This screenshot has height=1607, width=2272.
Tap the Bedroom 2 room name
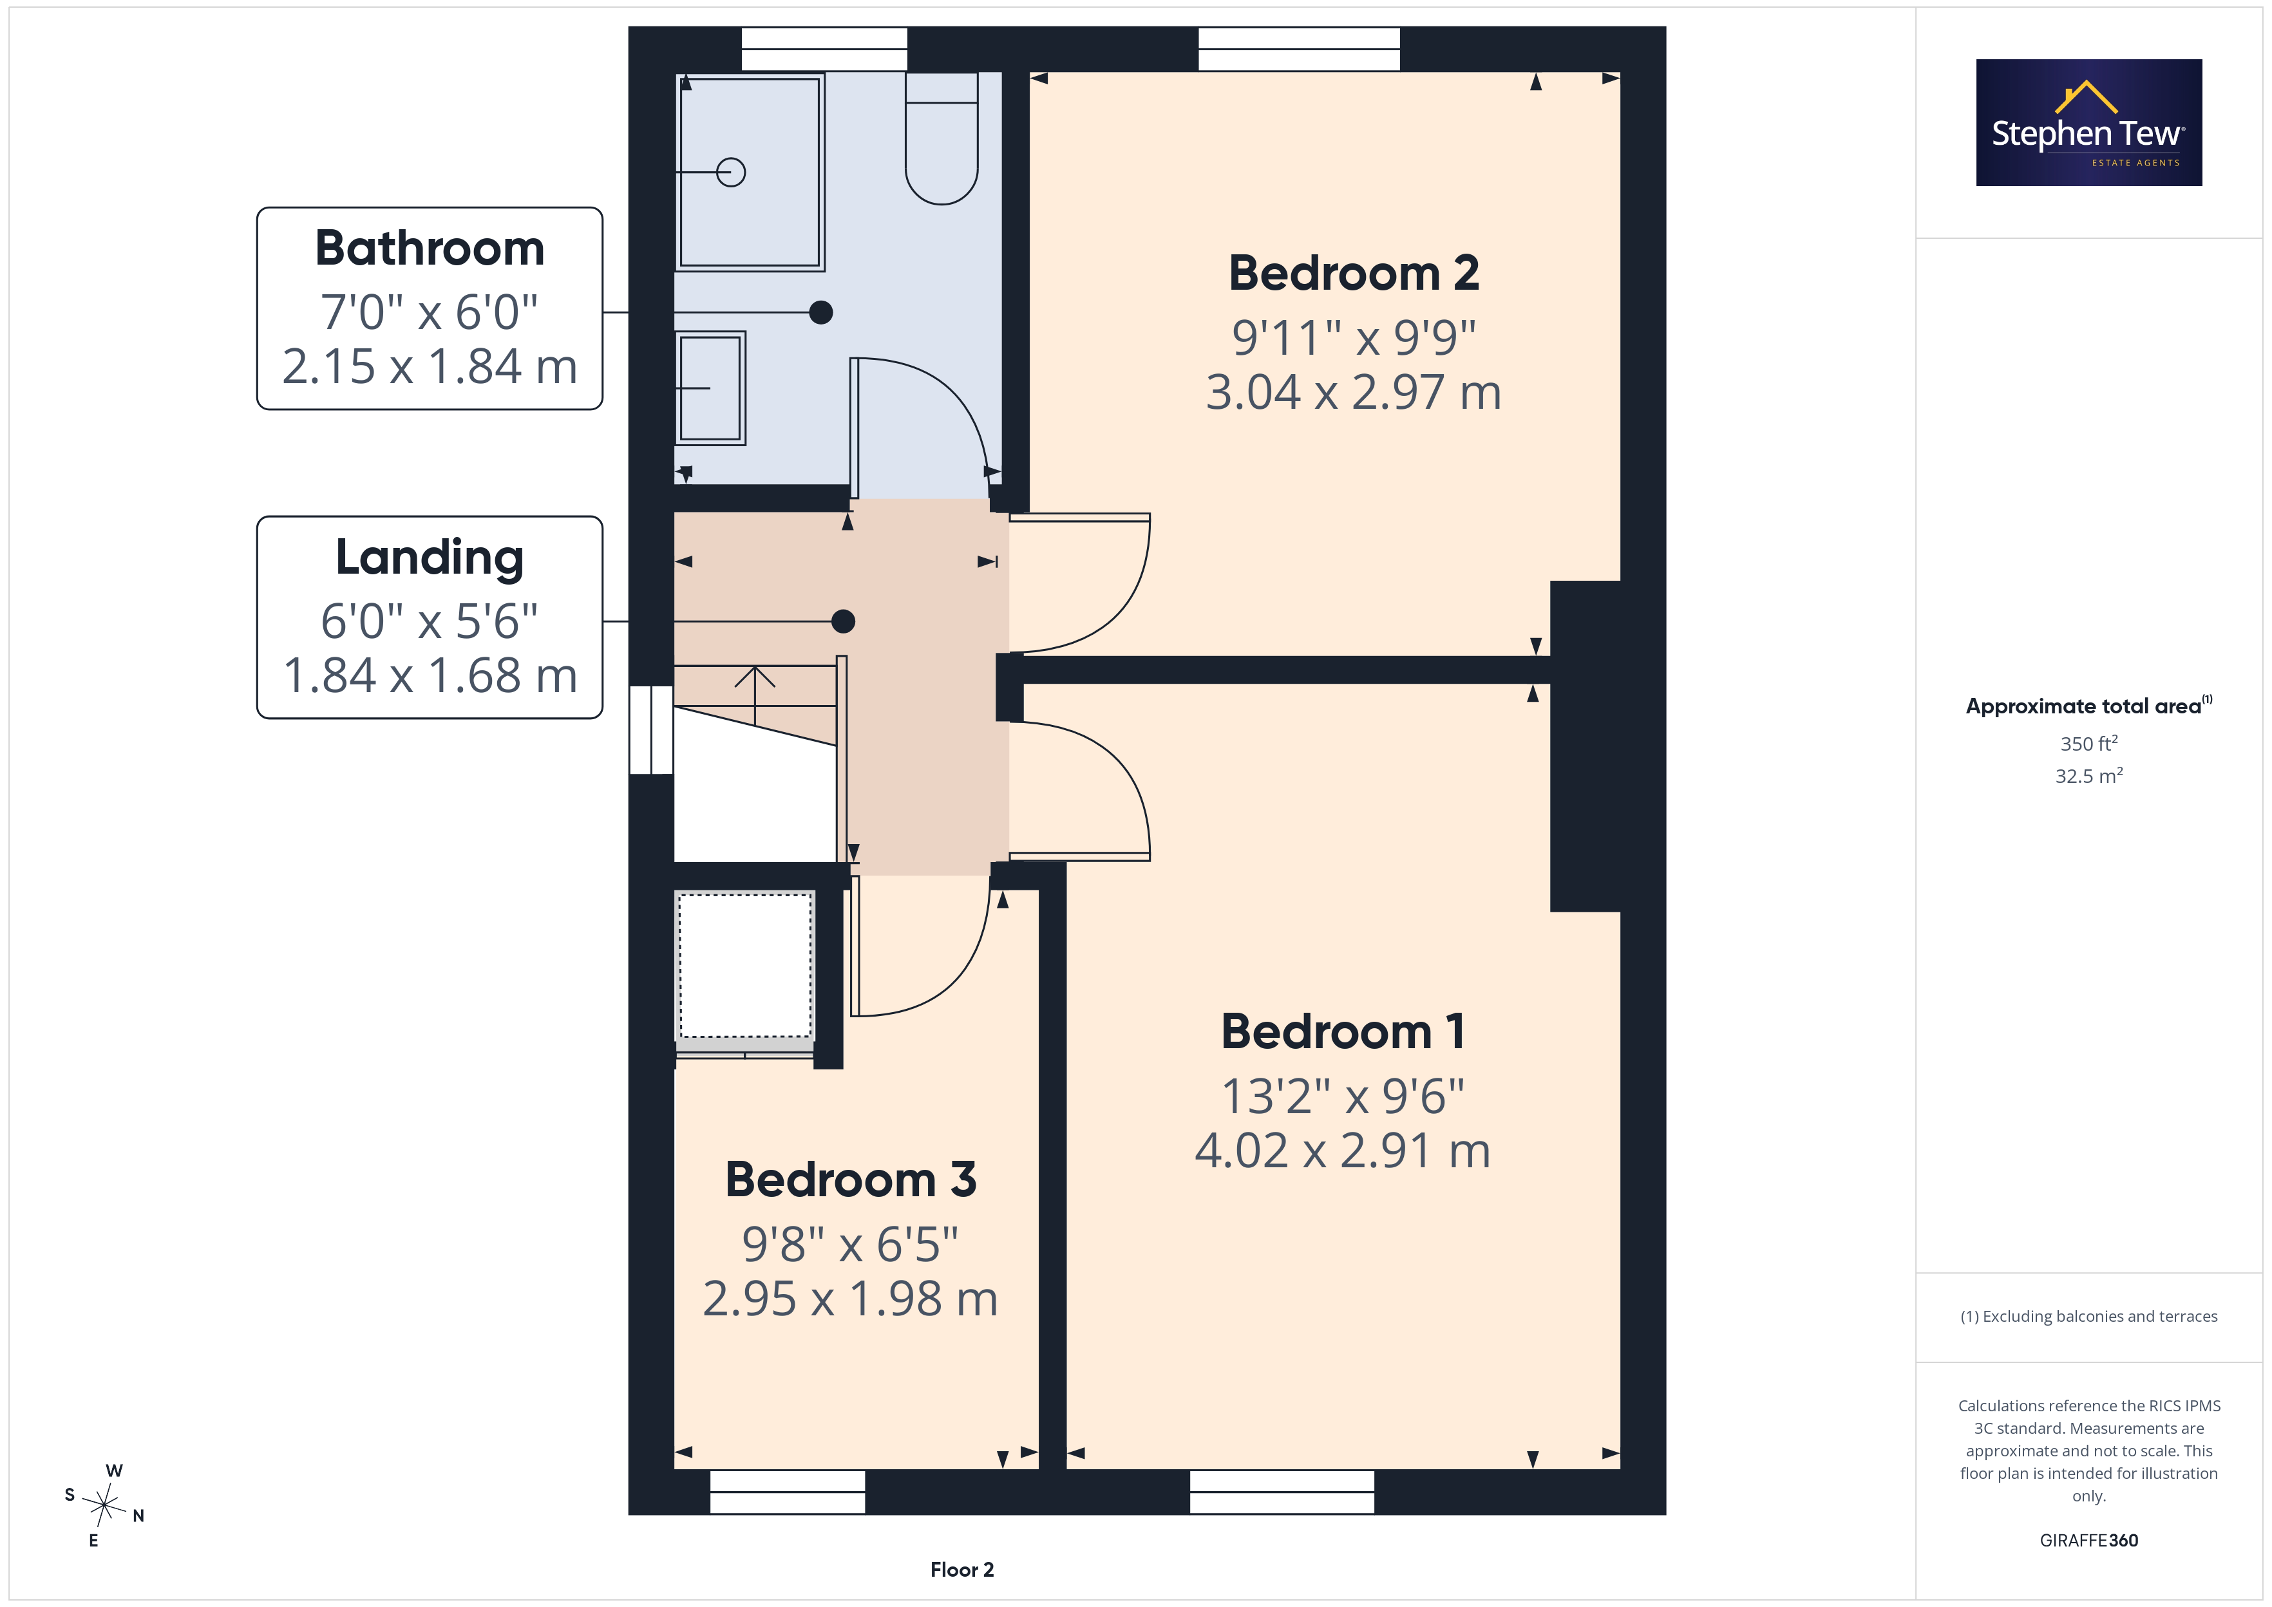1354,273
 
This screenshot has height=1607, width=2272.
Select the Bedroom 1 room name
1343,1032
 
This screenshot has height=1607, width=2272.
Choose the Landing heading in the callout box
430,558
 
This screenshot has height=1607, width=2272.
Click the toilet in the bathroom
942,138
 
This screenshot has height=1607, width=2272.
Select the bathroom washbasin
710,388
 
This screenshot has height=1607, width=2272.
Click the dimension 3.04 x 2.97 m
1354,392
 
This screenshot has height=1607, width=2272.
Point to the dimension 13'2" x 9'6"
1343,1096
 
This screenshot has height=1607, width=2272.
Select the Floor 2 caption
962,1570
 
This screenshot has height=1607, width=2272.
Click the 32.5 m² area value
2089,776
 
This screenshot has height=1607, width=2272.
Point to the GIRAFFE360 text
2089,1539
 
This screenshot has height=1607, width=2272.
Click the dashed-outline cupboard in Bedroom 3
745,966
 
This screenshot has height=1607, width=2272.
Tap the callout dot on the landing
843,621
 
